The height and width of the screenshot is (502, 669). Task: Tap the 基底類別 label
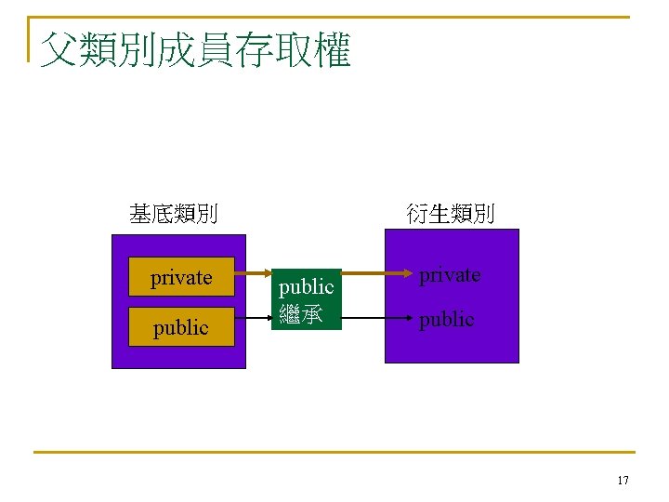click(174, 215)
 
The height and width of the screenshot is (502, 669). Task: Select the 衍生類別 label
click(451, 214)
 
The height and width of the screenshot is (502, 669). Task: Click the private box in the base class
click(181, 277)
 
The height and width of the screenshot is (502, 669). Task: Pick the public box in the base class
click(181, 327)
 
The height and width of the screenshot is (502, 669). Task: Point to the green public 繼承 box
click(307, 299)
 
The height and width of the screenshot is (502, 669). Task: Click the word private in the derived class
click(450, 275)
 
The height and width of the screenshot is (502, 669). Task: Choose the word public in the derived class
click(446, 319)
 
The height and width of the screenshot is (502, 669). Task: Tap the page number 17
click(623, 481)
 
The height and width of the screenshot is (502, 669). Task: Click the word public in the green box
click(307, 287)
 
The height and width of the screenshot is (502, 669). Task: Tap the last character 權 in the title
click(332, 49)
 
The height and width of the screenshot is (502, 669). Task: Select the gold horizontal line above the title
click(334, 17)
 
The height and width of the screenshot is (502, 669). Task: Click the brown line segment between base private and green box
click(253, 275)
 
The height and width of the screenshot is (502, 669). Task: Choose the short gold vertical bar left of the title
click(30, 39)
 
